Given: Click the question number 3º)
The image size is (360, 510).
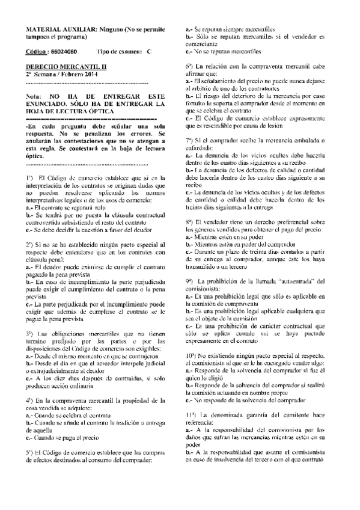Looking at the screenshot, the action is tap(32, 316).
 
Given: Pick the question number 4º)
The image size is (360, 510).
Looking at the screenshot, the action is tap(32, 383).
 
